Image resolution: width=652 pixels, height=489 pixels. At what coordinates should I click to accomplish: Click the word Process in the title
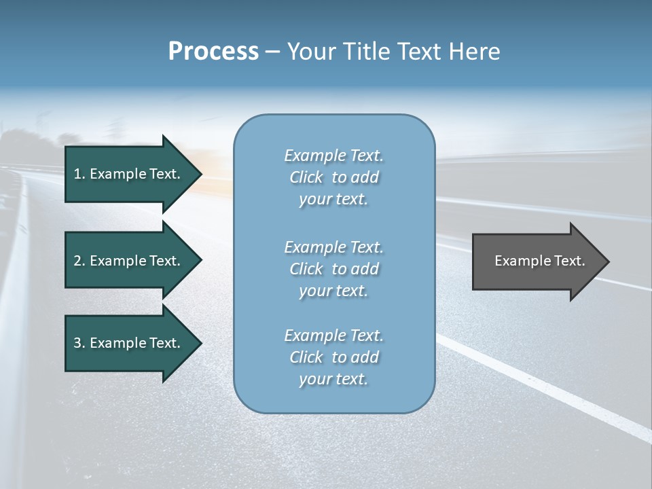click(x=213, y=52)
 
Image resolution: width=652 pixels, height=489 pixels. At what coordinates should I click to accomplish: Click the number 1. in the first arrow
click(x=79, y=174)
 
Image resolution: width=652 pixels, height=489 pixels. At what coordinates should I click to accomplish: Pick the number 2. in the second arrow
click(x=79, y=261)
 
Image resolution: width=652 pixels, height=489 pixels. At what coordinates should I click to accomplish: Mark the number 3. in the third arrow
click(x=79, y=343)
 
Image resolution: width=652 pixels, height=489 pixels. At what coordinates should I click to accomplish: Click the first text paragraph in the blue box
click(x=333, y=177)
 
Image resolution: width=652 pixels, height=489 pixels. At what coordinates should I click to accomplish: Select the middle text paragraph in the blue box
click(x=333, y=269)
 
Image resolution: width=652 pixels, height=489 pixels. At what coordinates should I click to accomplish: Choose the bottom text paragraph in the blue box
click(x=333, y=357)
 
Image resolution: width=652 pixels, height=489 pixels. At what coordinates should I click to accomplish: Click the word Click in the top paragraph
click(x=306, y=178)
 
